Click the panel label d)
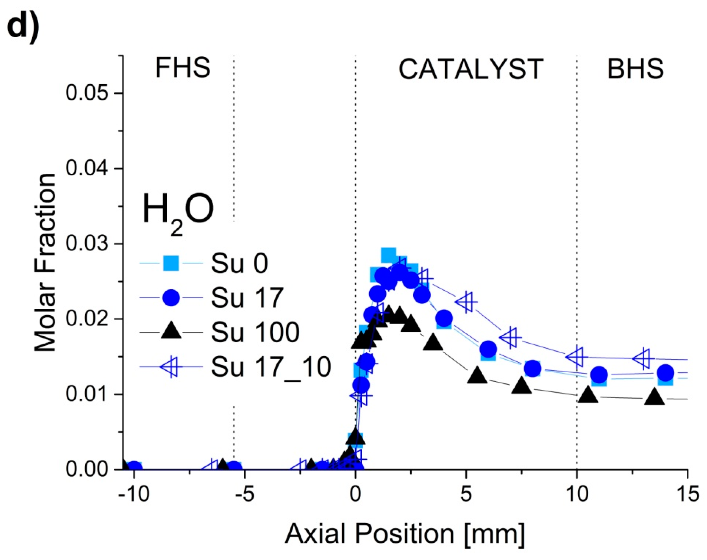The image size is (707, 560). point(23,25)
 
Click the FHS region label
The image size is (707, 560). point(183,68)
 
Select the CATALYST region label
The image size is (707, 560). point(471,70)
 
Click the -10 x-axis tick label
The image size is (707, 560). point(134,494)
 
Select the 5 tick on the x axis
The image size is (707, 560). point(466,494)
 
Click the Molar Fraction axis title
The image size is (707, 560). point(45,262)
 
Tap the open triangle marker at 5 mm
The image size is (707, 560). point(466,302)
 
